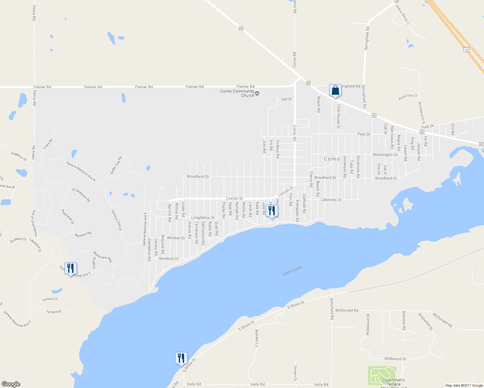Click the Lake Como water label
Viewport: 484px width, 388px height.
tap(291, 271)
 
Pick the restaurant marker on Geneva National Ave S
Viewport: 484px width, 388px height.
tap(71, 268)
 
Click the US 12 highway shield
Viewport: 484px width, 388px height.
tap(466, 49)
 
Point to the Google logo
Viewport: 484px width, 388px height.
tap(11, 384)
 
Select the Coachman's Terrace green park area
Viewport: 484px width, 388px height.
tap(382, 375)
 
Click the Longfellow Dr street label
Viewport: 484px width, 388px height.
tap(203, 218)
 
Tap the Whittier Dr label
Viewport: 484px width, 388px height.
tap(176, 238)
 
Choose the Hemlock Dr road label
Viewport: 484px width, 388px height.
tap(169, 259)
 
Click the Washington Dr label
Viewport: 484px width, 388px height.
tap(385, 155)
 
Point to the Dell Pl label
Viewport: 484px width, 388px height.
tap(286, 99)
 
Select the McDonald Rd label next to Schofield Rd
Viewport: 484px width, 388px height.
tap(347, 310)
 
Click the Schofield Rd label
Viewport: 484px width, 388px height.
tap(332, 309)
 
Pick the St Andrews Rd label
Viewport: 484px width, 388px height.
tap(81, 195)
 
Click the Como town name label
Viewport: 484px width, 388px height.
tap(332, 159)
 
